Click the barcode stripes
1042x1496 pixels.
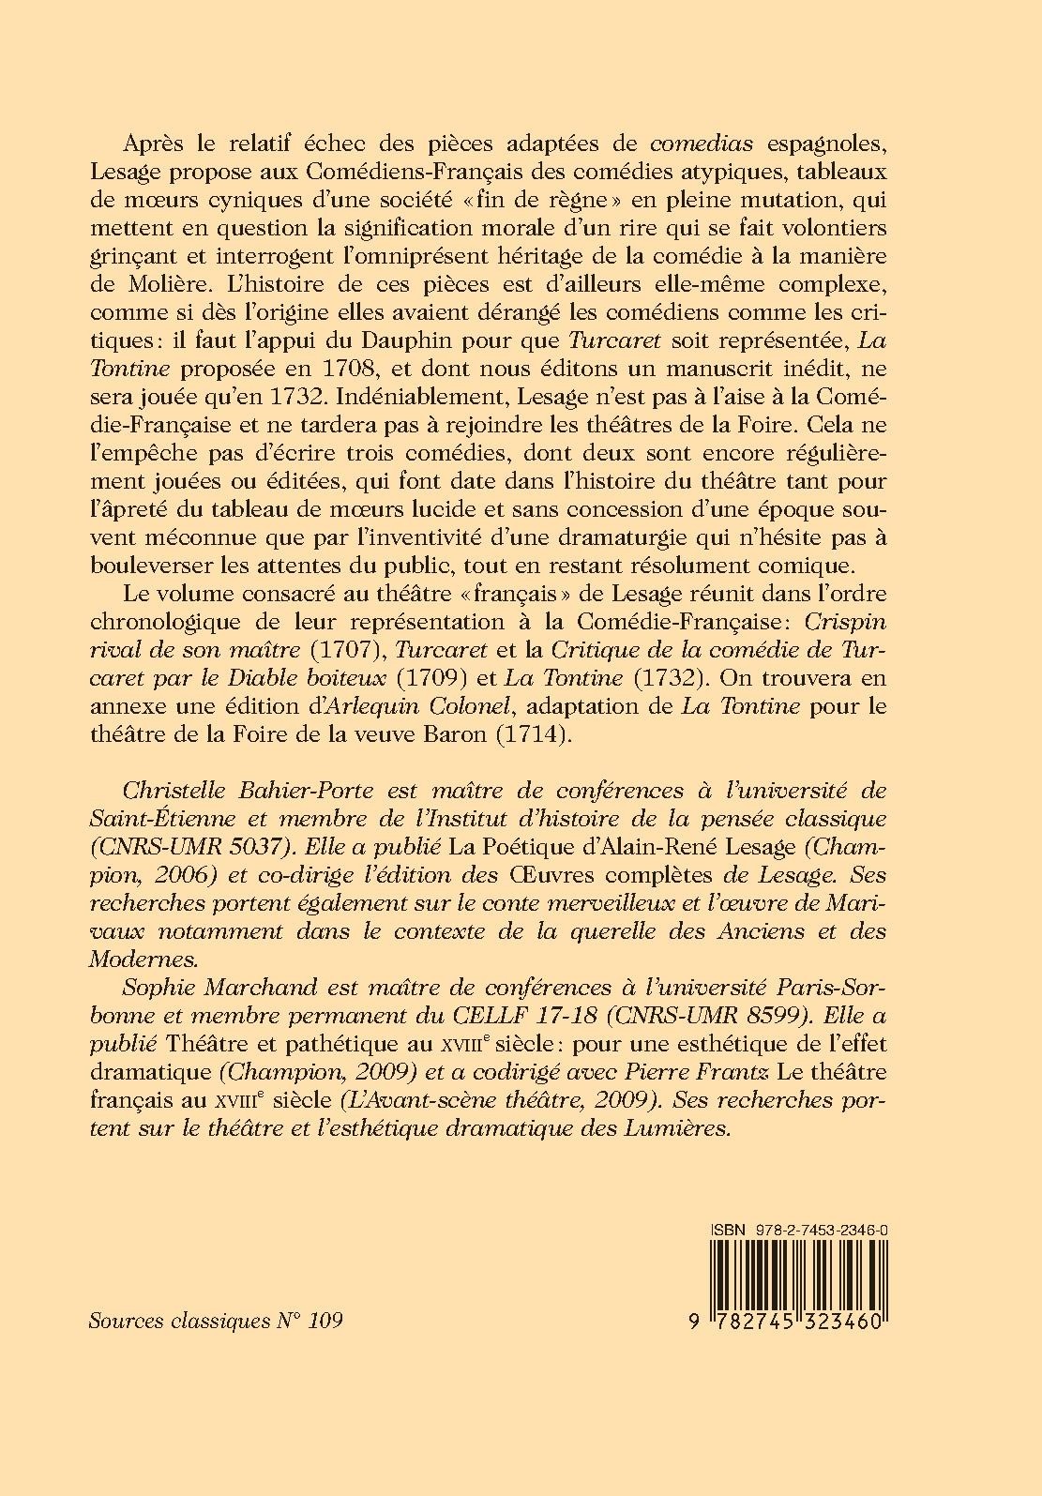pos(796,1272)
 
